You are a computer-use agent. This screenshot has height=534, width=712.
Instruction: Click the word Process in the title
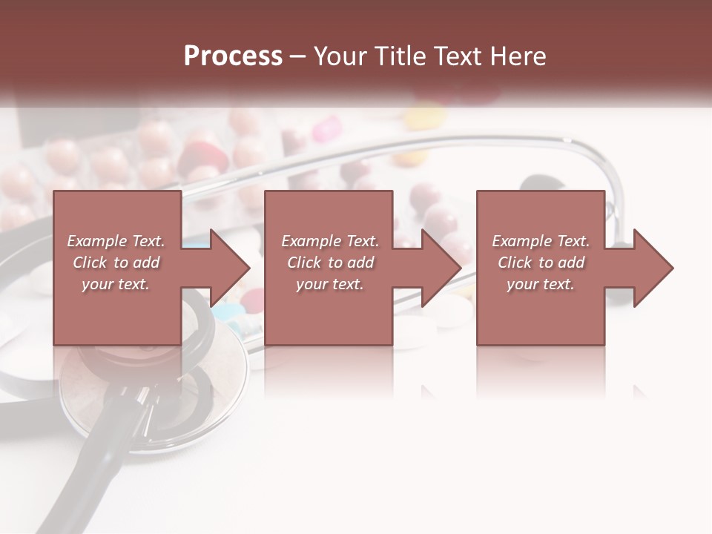pyautogui.click(x=233, y=56)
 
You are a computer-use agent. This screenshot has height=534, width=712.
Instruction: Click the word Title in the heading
pyautogui.click(x=400, y=56)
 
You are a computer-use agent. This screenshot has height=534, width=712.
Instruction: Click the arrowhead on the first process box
pyautogui.click(x=230, y=268)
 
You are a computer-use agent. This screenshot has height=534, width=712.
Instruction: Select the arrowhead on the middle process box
pyautogui.click(x=441, y=268)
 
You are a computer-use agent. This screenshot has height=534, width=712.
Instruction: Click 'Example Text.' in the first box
pyautogui.click(x=116, y=241)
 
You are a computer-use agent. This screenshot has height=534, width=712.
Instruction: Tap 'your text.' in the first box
pyautogui.click(x=116, y=284)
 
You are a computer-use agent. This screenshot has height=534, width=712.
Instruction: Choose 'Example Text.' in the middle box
pyautogui.click(x=330, y=241)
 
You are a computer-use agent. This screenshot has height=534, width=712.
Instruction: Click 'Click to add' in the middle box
pyautogui.click(x=330, y=263)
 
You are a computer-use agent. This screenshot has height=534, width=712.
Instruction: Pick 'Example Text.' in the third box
pyautogui.click(x=541, y=241)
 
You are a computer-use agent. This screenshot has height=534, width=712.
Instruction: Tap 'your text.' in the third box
pyautogui.click(x=541, y=284)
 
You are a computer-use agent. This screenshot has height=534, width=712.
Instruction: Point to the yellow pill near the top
pyautogui.click(x=425, y=117)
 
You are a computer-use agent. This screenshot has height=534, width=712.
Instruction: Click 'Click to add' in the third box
pyautogui.click(x=541, y=263)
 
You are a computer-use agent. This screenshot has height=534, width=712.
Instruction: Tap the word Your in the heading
pyautogui.click(x=342, y=56)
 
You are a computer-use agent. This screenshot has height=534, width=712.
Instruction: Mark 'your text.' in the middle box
pyautogui.click(x=330, y=284)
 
